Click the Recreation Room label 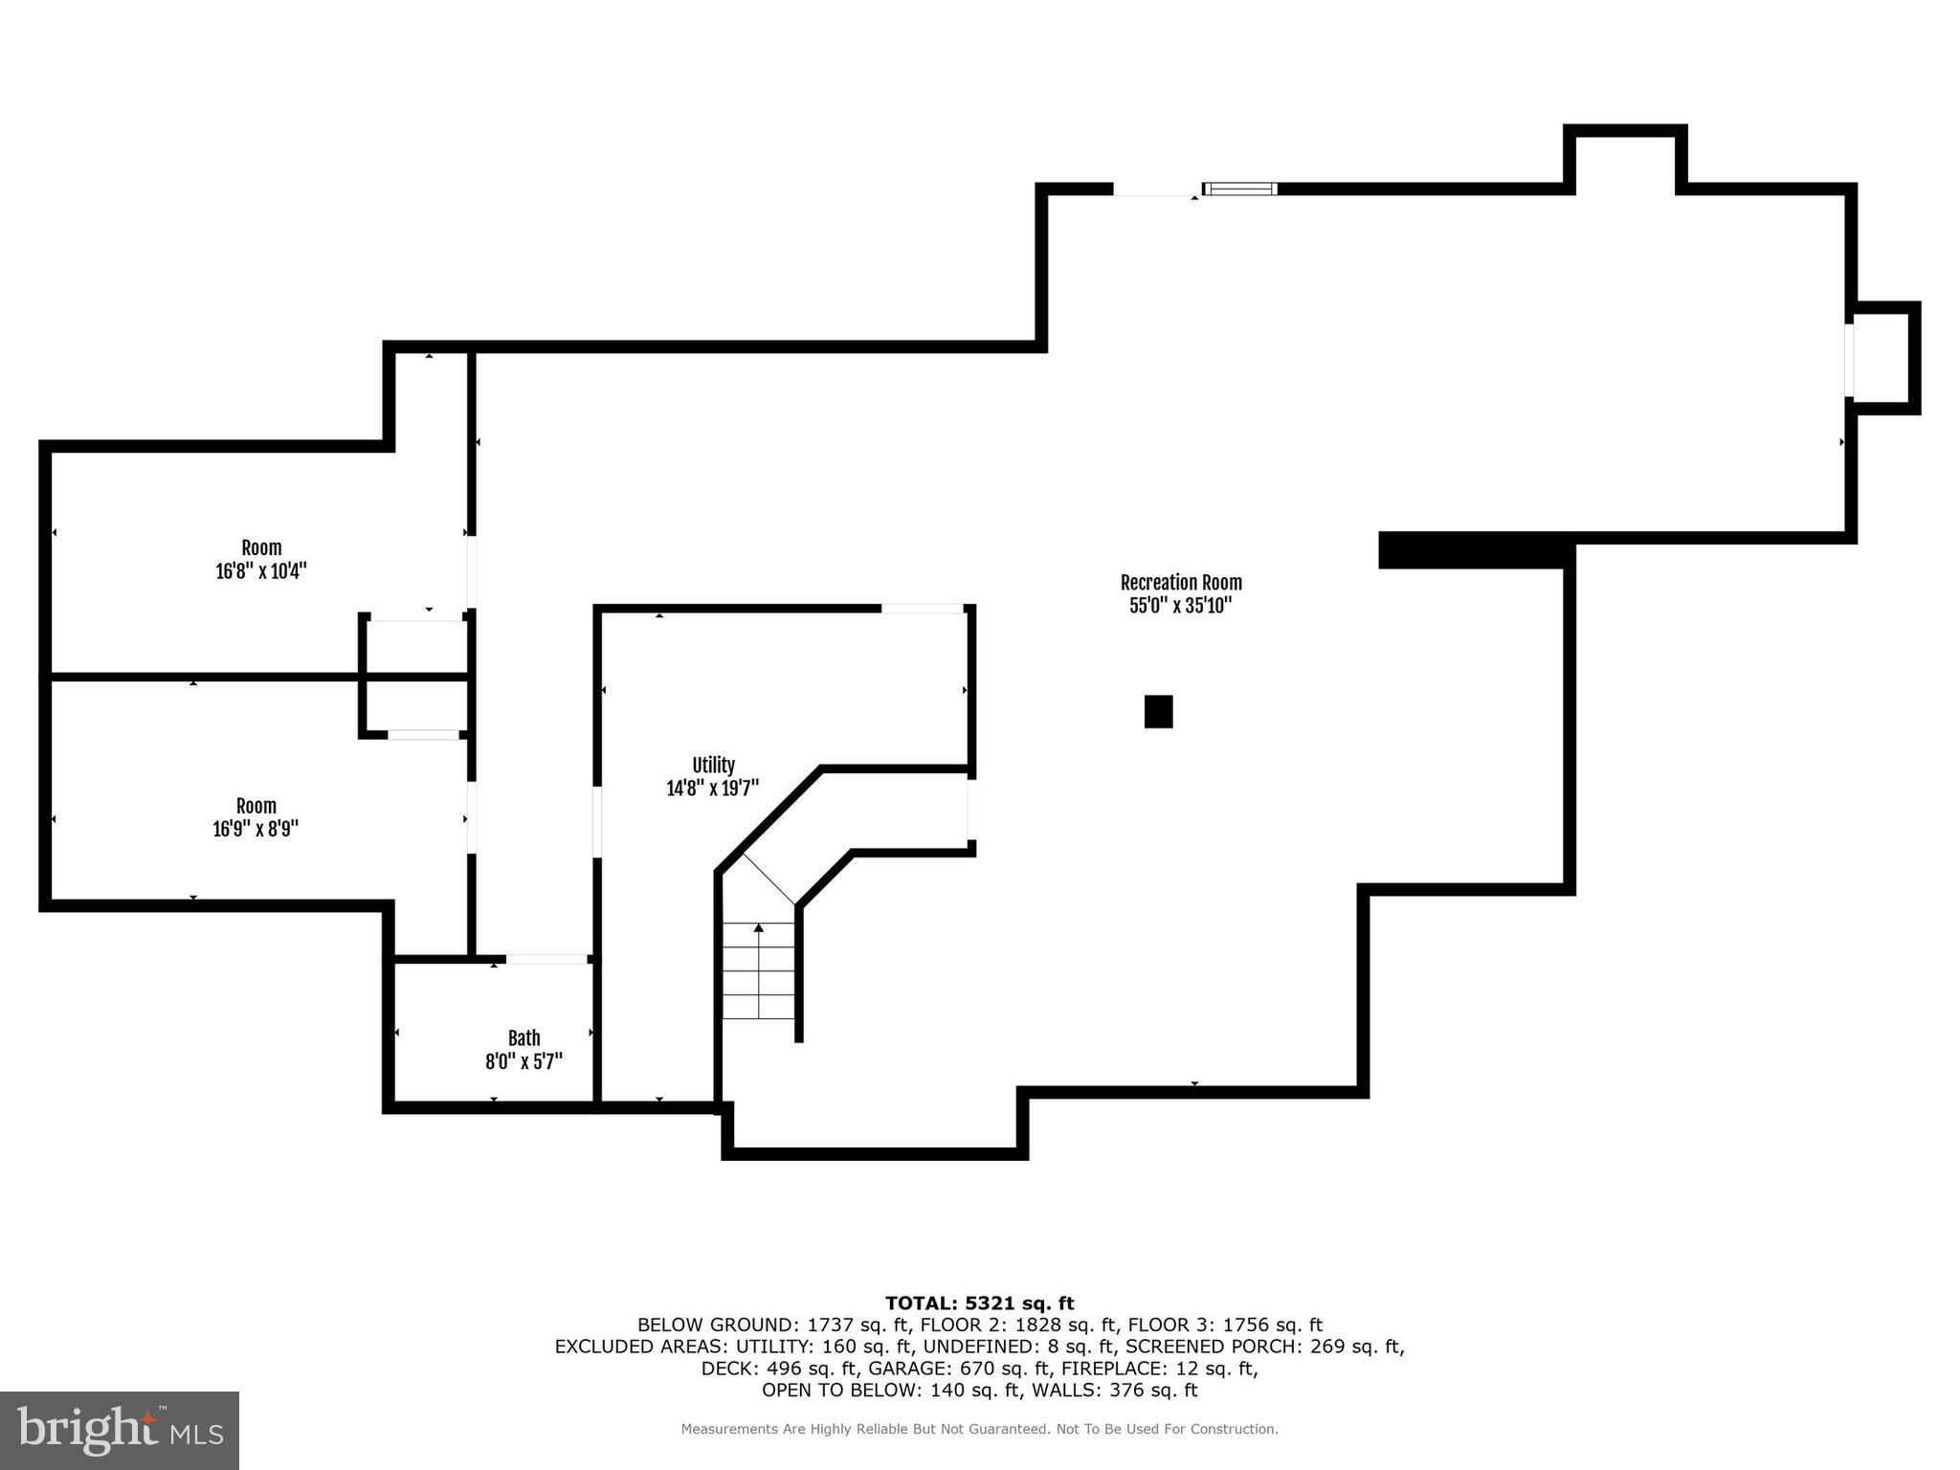point(1180,582)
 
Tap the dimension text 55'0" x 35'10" point(1180,606)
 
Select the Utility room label point(713,765)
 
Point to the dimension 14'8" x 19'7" point(713,789)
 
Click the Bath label point(523,1037)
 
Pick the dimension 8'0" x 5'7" point(523,1061)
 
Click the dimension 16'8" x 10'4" point(260,571)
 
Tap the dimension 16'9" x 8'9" point(256,829)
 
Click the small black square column point(1158,711)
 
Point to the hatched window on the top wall point(1239,189)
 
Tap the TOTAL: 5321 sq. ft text point(979,1303)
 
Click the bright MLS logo point(120,1430)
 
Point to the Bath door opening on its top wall point(546,958)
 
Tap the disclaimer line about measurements point(979,1429)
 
